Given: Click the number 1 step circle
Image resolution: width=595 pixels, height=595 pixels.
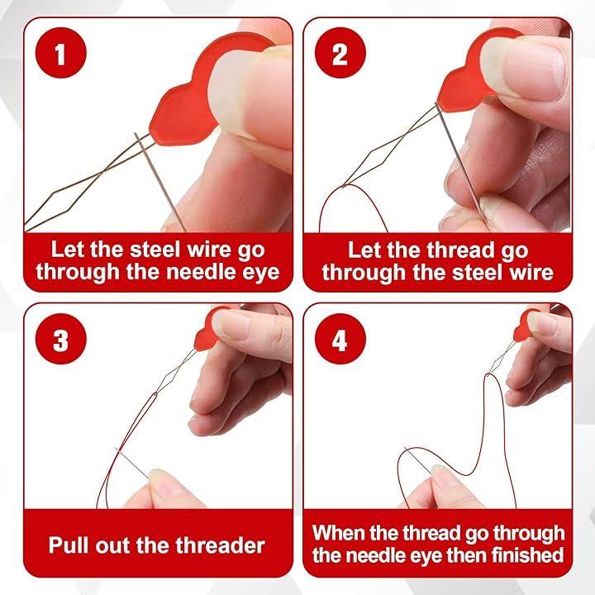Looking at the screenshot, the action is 60,53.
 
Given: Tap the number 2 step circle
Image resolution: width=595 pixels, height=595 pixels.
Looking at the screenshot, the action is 340,53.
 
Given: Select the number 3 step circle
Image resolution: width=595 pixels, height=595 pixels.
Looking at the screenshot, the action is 60,339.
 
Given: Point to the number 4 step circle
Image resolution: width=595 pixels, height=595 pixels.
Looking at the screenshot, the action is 340,339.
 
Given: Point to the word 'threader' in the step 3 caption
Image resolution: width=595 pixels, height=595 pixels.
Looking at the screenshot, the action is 220,545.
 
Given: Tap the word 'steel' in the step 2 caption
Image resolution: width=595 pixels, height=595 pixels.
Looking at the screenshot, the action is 478,273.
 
